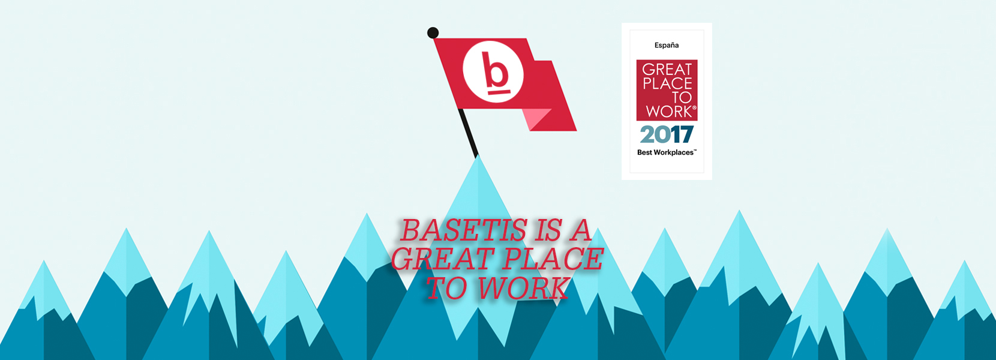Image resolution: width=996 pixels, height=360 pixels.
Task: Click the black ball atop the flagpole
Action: point(433,32)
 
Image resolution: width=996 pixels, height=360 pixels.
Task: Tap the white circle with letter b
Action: point(493,72)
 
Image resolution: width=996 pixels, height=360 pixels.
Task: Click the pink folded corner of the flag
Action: point(536,117)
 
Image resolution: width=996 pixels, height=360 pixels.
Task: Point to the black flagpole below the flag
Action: point(468,133)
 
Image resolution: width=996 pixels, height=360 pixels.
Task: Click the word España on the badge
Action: point(667,45)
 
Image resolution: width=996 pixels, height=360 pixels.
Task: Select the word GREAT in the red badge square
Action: point(667,70)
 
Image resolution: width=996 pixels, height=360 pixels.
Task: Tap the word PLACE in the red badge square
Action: point(667,83)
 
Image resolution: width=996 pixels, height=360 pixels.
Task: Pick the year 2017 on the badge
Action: point(667,134)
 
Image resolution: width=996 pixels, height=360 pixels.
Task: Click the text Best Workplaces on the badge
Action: point(665,152)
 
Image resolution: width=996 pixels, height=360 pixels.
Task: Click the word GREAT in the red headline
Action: point(442,259)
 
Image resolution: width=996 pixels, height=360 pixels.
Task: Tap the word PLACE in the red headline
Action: point(554,259)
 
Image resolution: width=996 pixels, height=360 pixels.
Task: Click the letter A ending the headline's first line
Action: point(580,230)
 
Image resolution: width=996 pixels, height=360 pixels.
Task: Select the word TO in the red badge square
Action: point(682,97)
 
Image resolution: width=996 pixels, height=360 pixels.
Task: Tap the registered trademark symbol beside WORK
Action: point(695,107)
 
